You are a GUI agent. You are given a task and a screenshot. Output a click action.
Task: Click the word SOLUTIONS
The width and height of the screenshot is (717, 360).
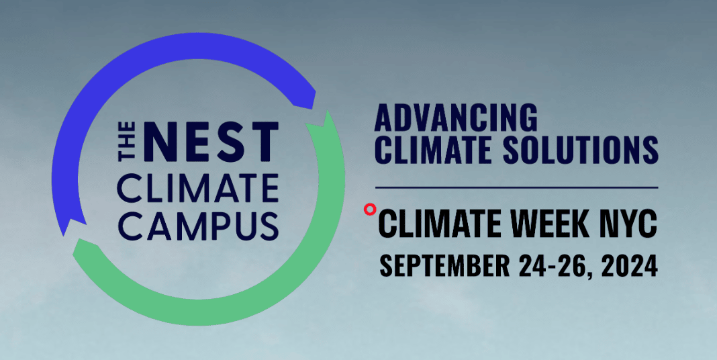tap(580, 149)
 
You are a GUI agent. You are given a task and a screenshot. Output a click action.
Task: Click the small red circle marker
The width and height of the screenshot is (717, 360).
tap(370, 210)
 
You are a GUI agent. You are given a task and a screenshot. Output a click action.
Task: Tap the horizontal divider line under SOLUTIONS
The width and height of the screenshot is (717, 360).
tap(517, 187)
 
